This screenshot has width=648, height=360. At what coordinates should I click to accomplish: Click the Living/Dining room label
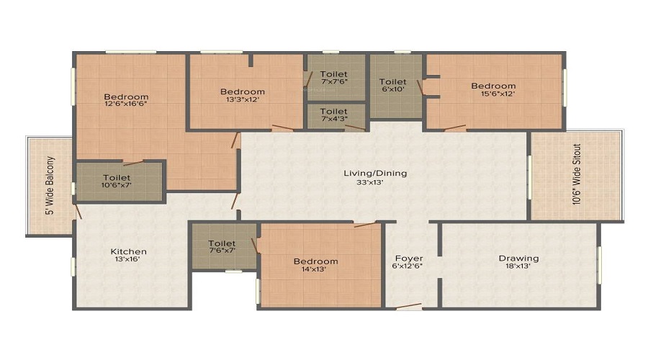pos(375,174)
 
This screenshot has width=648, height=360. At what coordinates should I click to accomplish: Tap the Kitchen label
pos(129,251)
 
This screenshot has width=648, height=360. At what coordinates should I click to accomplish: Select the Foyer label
pos(409,258)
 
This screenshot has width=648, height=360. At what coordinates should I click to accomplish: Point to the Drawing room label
pos(518,258)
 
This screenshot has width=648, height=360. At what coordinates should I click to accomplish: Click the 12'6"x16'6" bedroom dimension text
pos(126,104)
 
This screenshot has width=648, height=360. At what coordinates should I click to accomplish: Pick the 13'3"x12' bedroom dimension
pos(242,99)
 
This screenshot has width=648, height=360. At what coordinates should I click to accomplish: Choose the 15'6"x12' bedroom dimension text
pos(493,94)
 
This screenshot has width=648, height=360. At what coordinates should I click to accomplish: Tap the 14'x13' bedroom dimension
pos(315,269)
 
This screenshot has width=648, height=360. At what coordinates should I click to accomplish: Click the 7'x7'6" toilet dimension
pos(333,81)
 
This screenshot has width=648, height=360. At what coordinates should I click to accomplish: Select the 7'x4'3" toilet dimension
pos(334,119)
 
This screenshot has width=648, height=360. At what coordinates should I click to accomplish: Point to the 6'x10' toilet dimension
pos(392,89)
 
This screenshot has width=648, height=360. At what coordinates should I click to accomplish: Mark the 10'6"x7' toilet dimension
pos(117,185)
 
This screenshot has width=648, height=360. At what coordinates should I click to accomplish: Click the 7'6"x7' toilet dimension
pos(222,251)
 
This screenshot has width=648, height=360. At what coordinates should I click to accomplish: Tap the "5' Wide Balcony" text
pos(50,186)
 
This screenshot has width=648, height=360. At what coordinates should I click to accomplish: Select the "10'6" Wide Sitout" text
pos(577,174)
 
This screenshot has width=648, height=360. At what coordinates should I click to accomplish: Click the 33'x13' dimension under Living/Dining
pos(370,181)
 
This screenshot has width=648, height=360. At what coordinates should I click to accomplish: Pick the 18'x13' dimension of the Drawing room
pos(518,266)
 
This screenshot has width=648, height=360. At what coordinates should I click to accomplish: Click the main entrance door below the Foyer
pos(409,307)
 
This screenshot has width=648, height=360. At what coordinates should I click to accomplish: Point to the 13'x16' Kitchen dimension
pos(127,259)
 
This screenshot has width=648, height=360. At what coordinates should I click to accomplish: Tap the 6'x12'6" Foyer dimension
pos(407,266)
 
